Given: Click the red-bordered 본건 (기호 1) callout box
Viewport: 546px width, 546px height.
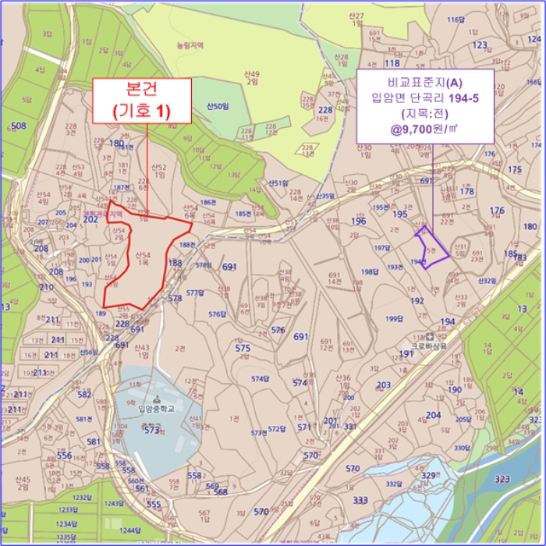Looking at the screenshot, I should (x=142, y=100).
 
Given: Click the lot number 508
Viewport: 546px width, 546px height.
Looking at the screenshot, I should (x=19, y=126).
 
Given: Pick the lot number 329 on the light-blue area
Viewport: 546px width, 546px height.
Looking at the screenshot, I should (x=428, y=475).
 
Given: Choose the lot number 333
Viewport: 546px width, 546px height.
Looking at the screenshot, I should (x=360, y=500).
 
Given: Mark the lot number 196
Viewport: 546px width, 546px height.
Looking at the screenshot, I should (x=358, y=221).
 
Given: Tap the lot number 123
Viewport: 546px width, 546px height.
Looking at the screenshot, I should (x=480, y=45).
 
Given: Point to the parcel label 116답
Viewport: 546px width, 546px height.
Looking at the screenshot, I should (x=455, y=19).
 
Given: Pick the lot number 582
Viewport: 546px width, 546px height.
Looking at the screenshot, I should (x=84, y=395).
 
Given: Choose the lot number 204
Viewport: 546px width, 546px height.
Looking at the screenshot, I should (x=434, y=416).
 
